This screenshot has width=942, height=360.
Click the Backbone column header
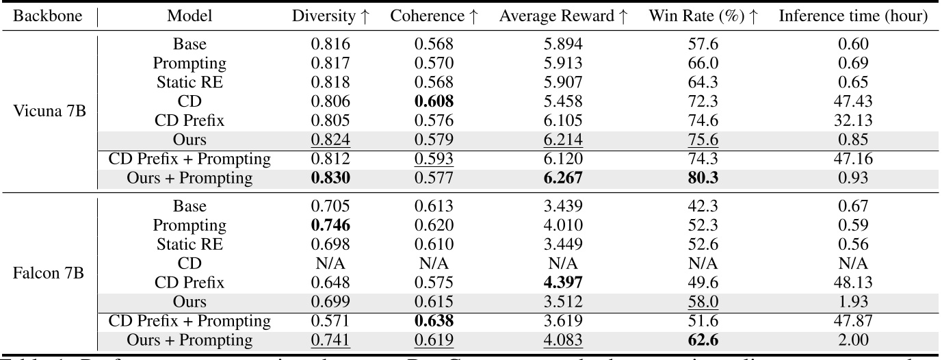coord(45,16)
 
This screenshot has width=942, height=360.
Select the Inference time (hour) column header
coord(853,16)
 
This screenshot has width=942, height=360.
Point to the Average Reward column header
coord(563,16)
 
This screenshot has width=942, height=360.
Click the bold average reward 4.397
coord(563,282)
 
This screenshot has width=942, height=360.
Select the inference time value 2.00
coord(853,339)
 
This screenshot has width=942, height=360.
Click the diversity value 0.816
coord(330,44)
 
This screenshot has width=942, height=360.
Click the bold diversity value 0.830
coord(330,178)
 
